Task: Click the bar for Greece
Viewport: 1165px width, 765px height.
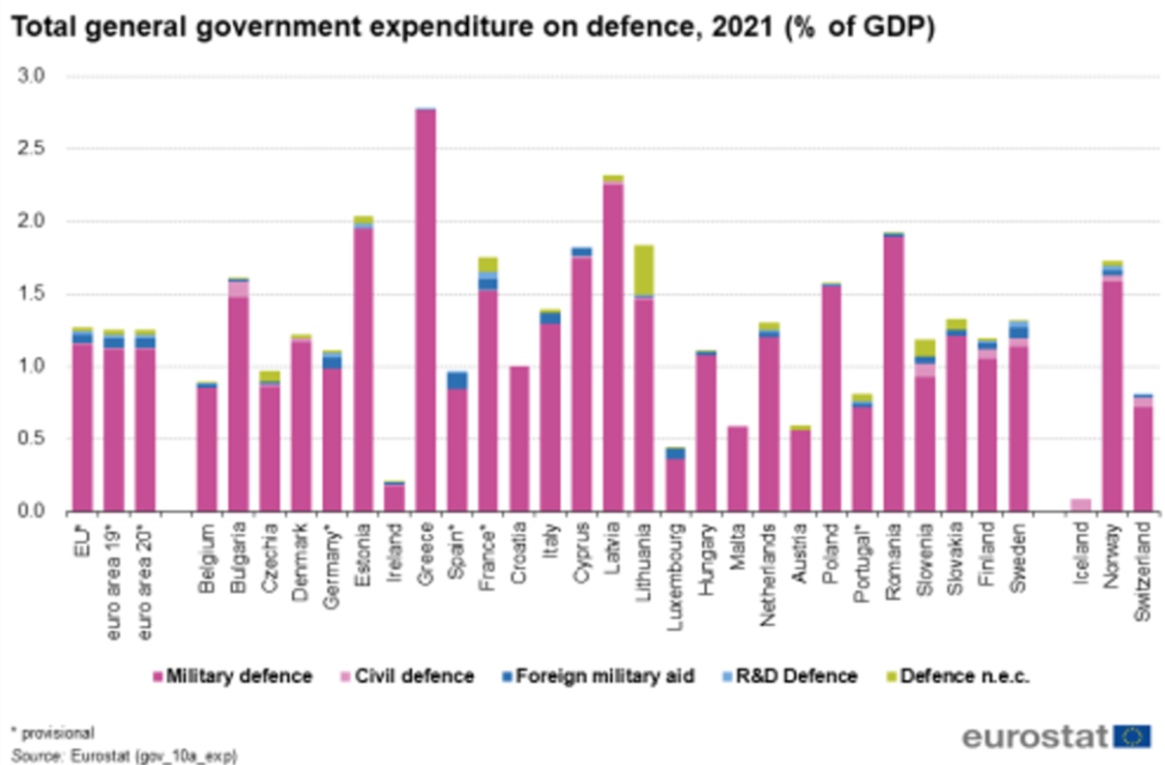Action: (425, 309)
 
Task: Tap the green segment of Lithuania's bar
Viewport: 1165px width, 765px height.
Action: (644, 270)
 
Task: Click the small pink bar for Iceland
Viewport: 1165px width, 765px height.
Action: (1081, 505)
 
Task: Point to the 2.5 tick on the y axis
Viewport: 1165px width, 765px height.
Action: (31, 148)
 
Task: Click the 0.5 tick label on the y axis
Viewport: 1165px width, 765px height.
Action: (31, 438)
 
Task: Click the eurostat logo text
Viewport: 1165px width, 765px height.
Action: (1035, 736)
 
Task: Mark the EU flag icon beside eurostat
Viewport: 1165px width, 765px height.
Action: (1131, 736)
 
